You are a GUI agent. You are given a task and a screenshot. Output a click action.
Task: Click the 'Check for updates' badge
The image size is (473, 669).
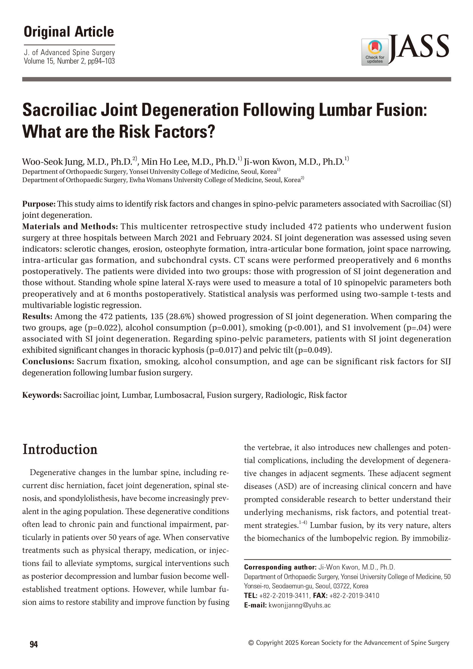(375, 52)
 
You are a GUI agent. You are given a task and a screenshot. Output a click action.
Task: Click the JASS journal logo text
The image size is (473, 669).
(420, 47)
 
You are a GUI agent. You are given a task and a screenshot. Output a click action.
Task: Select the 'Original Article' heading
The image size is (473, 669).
(69, 32)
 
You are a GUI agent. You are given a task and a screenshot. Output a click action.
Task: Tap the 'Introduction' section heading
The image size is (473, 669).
(60, 449)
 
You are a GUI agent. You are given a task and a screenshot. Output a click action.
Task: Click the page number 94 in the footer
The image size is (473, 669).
(34, 644)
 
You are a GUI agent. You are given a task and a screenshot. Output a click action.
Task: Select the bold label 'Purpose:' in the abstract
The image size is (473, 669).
(39, 204)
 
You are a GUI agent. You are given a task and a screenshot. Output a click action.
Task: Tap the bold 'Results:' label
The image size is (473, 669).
(37, 316)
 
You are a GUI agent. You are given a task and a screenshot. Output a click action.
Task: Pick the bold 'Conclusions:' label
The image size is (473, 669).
(48, 362)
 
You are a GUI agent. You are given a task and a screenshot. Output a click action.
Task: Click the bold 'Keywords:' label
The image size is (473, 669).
(42, 395)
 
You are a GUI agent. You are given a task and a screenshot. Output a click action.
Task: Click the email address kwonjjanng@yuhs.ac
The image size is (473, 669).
(299, 605)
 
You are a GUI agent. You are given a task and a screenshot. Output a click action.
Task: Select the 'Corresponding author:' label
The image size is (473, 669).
(280, 567)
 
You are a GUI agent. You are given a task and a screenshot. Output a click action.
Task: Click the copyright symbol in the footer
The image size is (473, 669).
(251, 643)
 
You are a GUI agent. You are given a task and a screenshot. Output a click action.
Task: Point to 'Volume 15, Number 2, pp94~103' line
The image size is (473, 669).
(69, 61)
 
